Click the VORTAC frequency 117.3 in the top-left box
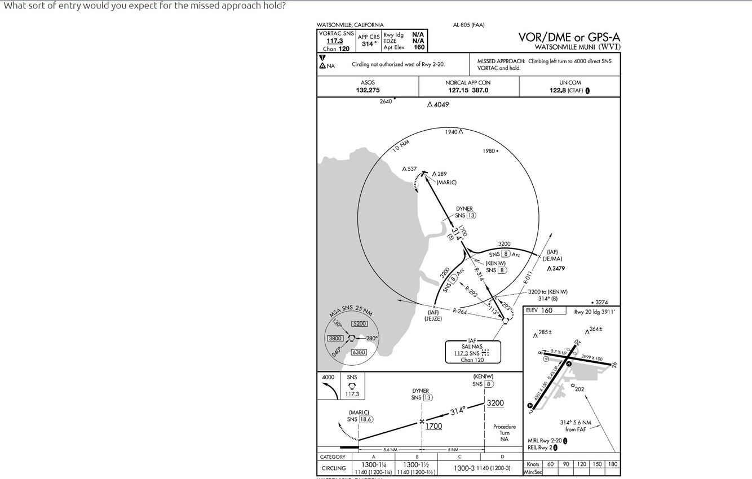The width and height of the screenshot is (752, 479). (x=335, y=41)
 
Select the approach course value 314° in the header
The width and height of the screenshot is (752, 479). (x=368, y=43)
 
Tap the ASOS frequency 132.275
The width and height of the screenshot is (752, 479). (x=368, y=90)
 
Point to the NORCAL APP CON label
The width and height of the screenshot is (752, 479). (x=468, y=83)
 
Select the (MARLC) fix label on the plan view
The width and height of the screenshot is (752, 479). (x=446, y=182)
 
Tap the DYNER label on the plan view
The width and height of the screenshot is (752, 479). (x=465, y=209)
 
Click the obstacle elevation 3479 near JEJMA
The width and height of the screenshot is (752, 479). (x=558, y=268)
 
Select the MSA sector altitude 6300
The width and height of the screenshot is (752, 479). (x=359, y=352)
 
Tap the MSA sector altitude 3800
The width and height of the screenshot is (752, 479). (x=335, y=338)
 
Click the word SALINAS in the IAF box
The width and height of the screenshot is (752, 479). (x=472, y=347)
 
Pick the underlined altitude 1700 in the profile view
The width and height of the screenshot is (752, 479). (x=433, y=427)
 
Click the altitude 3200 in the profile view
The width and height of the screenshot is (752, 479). (x=495, y=403)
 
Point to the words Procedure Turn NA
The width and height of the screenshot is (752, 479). (x=504, y=433)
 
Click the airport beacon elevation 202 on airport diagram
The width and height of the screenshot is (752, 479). (x=580, y=389)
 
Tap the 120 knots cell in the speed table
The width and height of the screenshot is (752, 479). (x=581, y=464)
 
